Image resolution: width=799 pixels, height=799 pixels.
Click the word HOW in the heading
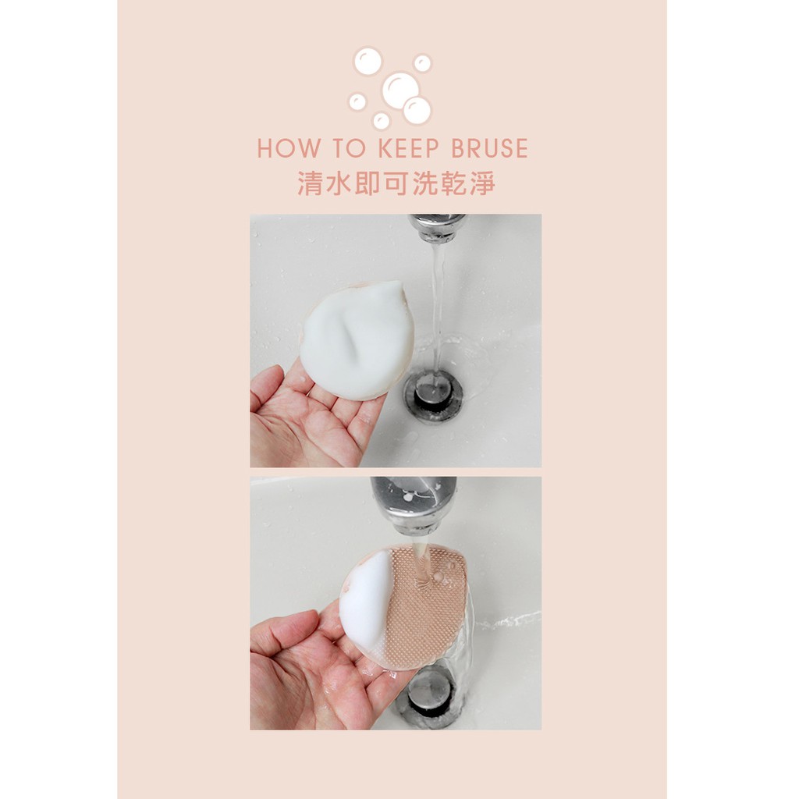[289, 148]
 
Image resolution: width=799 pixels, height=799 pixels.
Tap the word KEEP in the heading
[409, 148]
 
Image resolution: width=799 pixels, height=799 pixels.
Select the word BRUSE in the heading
[490, 148]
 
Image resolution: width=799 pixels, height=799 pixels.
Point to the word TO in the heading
[350, 148]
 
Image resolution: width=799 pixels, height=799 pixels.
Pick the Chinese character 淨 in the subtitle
[482, 183]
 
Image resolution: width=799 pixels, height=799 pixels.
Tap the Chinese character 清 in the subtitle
[310, 183]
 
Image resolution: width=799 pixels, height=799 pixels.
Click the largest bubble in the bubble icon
[400, 87]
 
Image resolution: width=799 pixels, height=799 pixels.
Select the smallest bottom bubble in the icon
[381, 120]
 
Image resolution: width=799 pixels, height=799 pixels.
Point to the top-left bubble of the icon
[368, 61]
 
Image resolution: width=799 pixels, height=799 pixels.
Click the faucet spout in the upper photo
[437, 227]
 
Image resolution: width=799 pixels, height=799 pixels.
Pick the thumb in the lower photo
[286, 632]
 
